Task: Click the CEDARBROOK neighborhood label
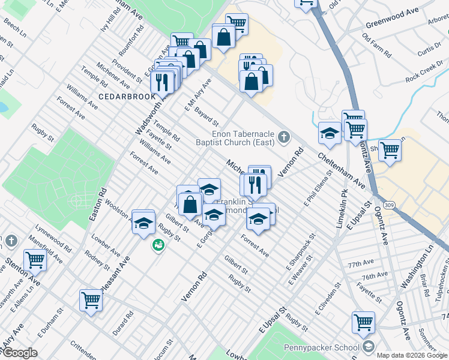[118, 96]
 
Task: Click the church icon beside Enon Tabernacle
[283, 138]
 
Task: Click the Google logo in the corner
[20, 353]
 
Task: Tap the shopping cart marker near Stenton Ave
[35, 260]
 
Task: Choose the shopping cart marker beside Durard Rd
[91, 299]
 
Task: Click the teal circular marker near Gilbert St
[158, 245]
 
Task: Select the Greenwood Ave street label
[391, 27]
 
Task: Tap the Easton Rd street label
[98, 204]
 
